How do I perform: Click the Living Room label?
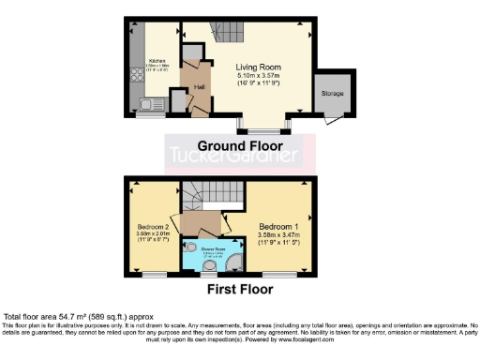tap(257, 67)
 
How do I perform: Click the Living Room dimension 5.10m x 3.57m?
tap(257, 75)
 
